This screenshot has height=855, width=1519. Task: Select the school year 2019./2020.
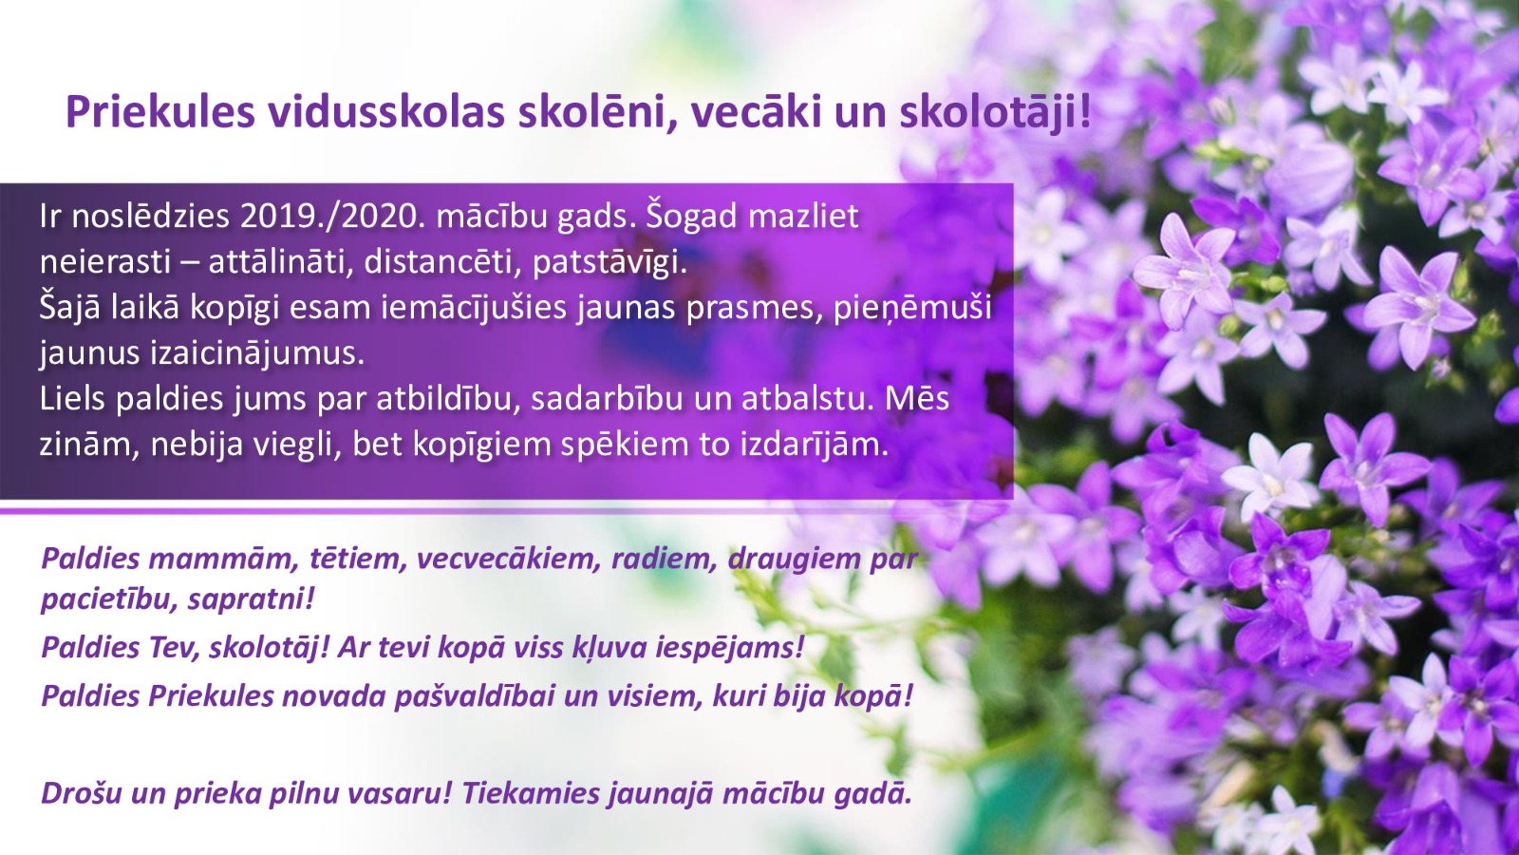pyautogui.click(x=328, y=217)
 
